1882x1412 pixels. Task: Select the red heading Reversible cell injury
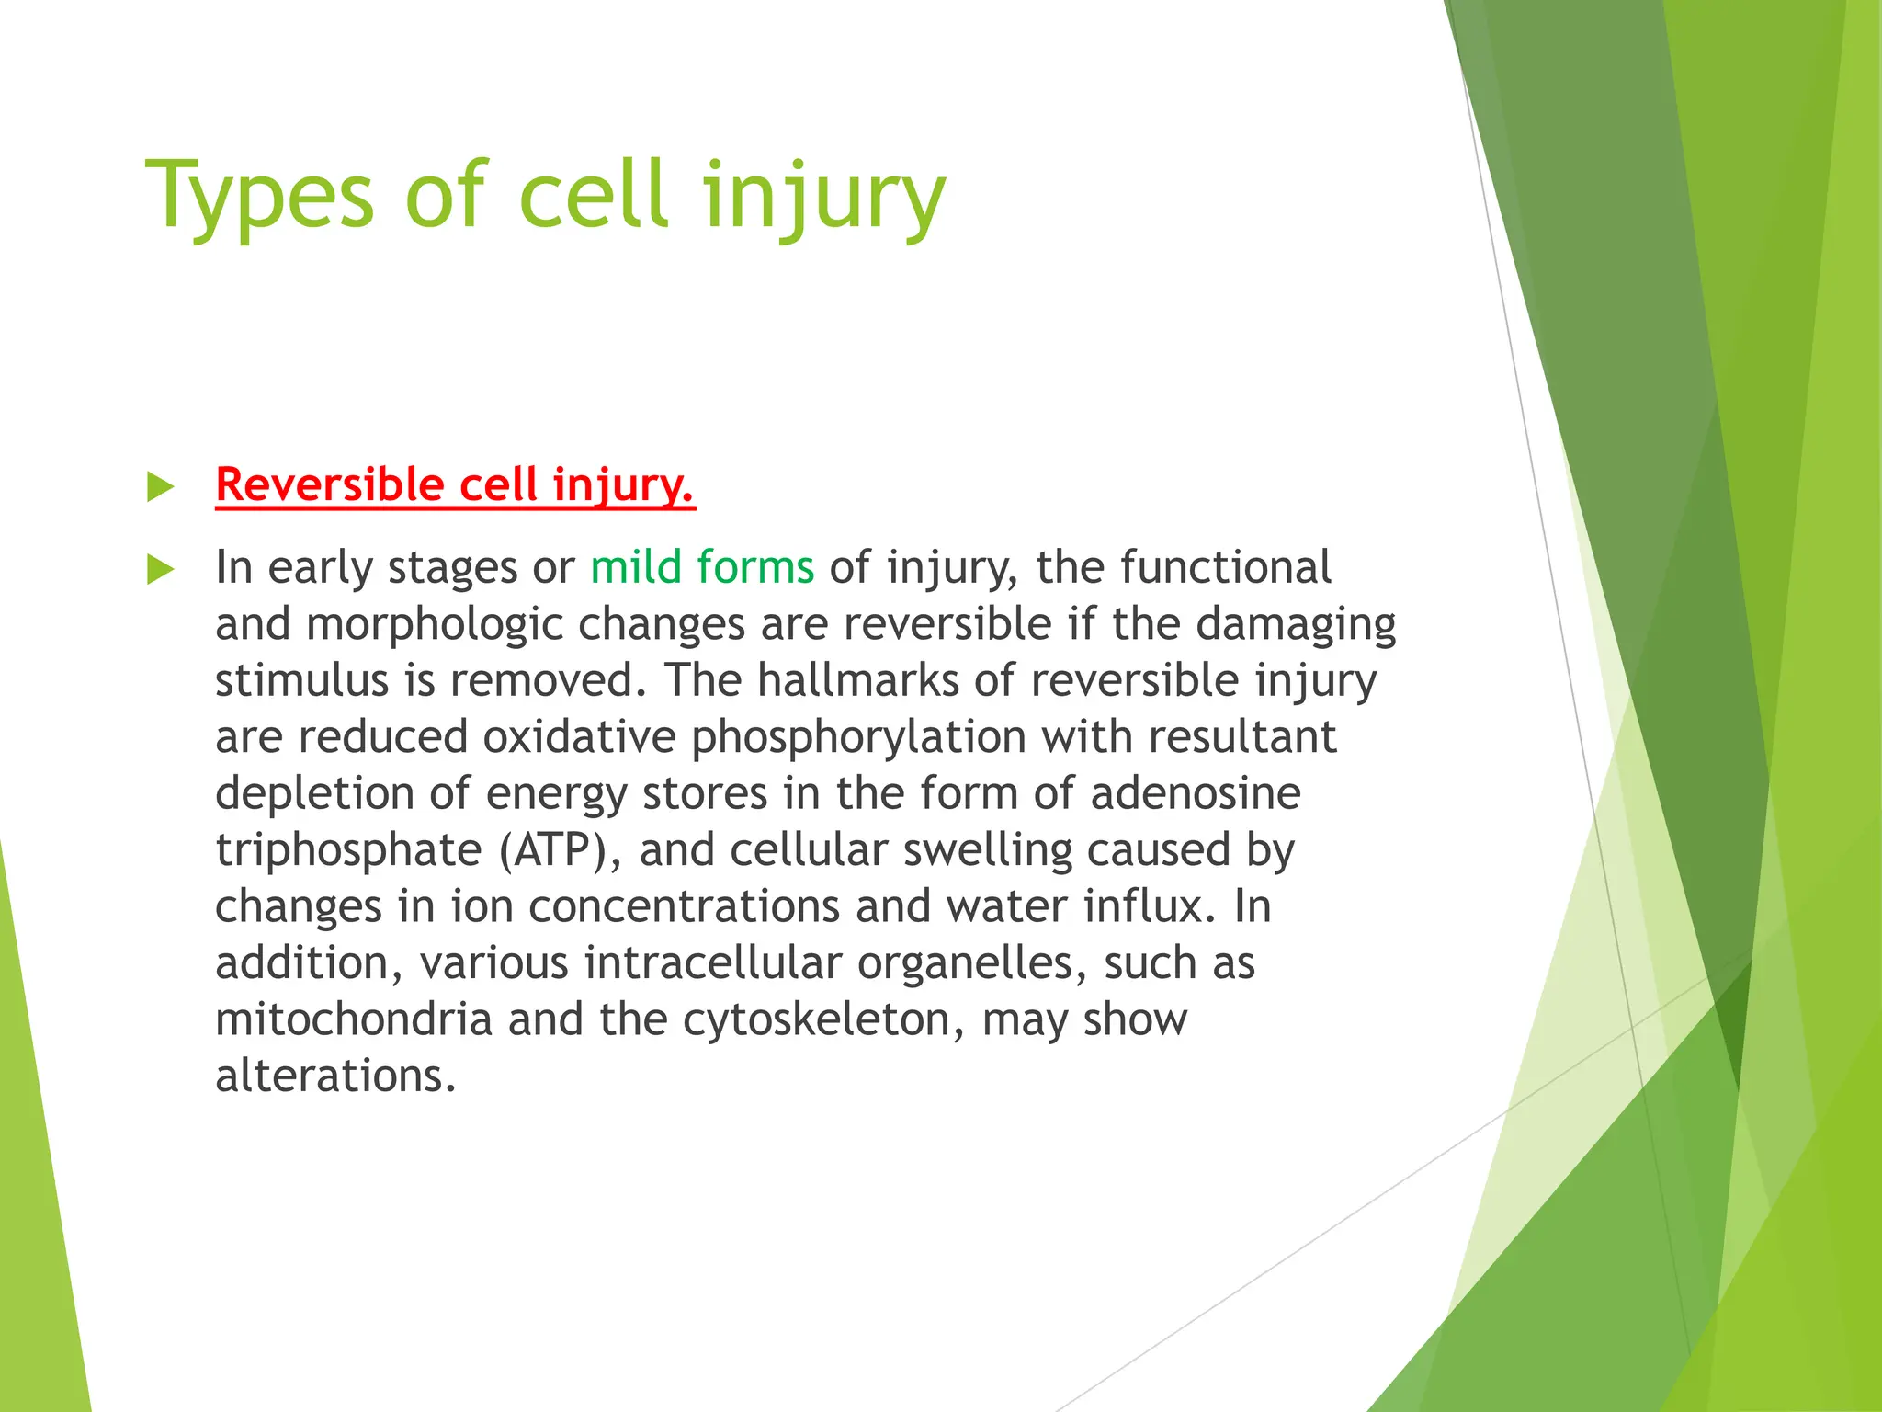coord(455,484)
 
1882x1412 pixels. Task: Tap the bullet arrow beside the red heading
coord(160,487)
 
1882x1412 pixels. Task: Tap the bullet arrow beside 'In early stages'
coord(160,570)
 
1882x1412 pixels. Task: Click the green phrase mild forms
coord(702,567)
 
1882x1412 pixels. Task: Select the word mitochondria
coord(354,1019)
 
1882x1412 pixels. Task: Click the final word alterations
coord(335,1076)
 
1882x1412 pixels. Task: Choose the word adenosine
coord(1195,793)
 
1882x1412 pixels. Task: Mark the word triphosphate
coord(348,850)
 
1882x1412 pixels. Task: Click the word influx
coord(1150,906)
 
